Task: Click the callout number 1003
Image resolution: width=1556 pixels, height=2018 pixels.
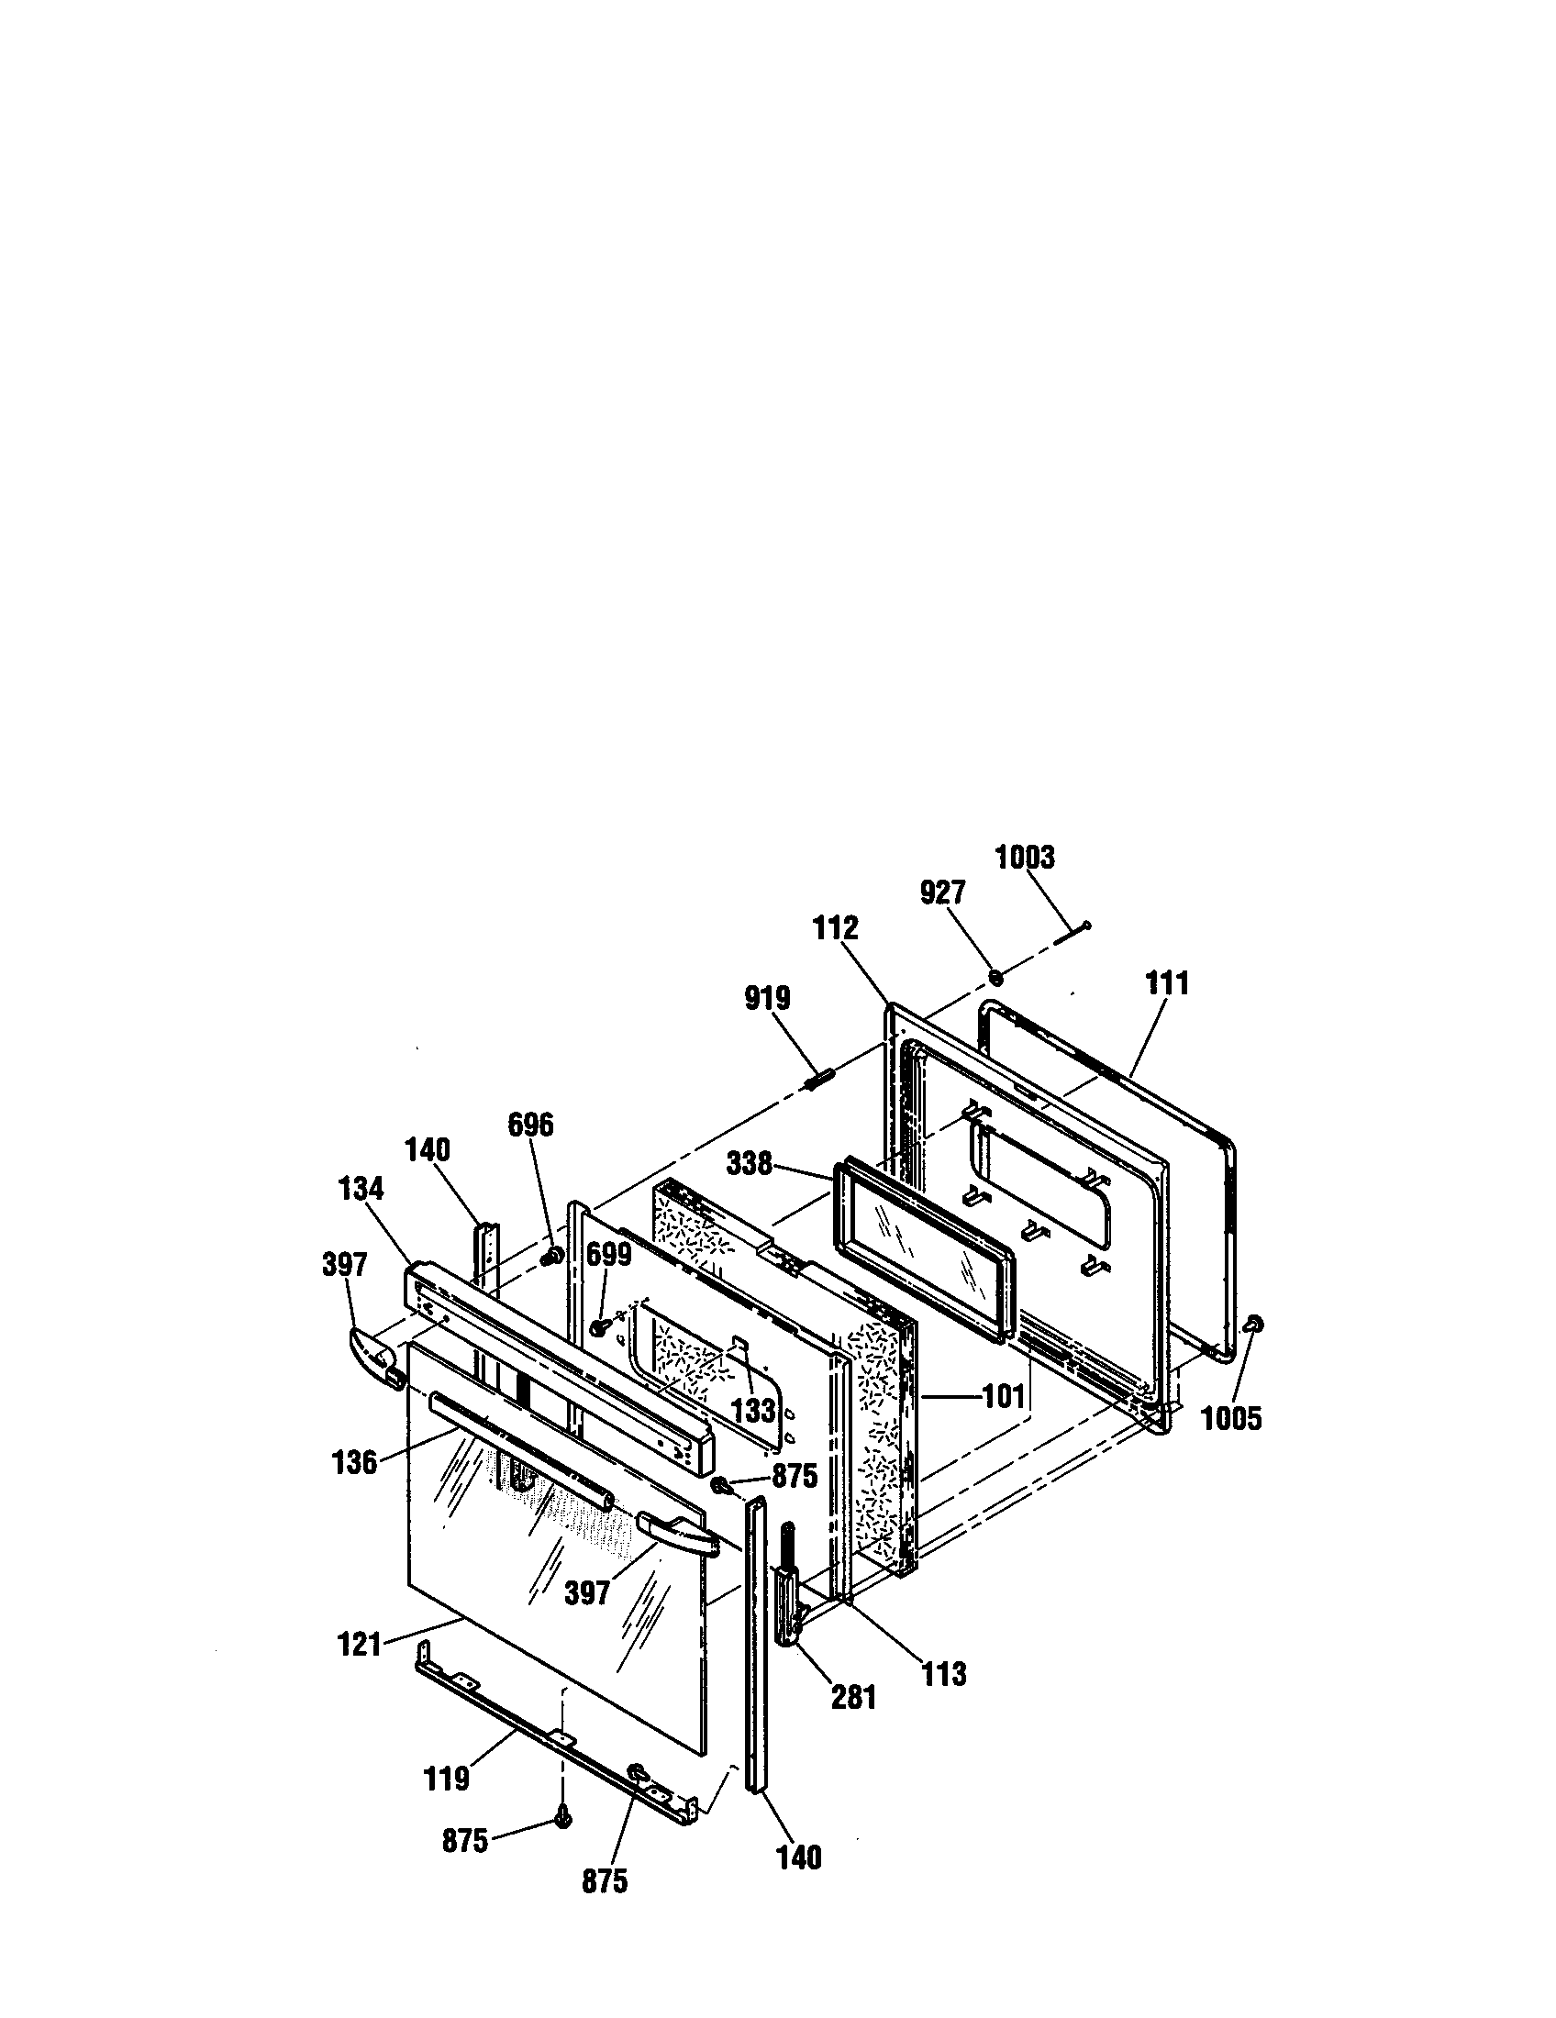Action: [x=1024, y=857]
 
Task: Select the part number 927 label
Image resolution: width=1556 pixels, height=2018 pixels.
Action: [x=942, y=893]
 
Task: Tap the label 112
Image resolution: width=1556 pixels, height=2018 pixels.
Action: [x=835, y=927]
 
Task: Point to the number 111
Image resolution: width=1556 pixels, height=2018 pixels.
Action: [x=1167, y=983]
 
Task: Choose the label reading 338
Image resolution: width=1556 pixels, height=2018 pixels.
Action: [x=750, y=1163]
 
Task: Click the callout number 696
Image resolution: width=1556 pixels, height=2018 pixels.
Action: [x=530, y=1125]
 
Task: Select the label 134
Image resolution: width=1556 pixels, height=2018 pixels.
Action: [x=361, y=1188]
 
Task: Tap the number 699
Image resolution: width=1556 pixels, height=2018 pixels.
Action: [x=608, y=1255]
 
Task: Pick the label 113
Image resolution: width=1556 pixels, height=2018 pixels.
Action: [x=943, y=1673]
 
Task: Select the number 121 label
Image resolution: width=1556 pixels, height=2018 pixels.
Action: [x=360, y=1645]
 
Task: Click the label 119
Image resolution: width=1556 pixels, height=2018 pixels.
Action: [x=447, y=1779]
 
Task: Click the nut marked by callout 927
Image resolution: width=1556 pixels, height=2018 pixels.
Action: [x=996, y=977]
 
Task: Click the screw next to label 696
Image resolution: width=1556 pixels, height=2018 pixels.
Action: [x=554, y=1256]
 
